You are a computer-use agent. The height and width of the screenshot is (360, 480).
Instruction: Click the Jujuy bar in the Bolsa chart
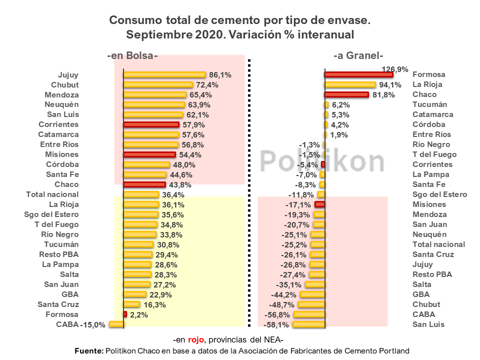click(164, 74)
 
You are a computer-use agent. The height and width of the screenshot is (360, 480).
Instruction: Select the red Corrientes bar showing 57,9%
click(151, 124)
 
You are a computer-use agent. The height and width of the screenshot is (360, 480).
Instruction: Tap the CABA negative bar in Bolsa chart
click(116, 324)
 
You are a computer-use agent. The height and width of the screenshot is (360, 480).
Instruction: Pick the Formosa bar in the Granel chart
click(358, 74)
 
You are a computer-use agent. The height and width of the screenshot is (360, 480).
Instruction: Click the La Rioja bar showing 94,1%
click(350, 84)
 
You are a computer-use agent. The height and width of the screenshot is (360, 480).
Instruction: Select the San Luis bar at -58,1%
click(308, 324)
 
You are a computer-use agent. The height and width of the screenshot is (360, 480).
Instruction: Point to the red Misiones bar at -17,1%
click(320, 204)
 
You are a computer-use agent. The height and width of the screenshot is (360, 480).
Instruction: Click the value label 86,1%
click(220, 75)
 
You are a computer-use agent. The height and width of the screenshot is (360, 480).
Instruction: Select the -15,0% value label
click(93, 325)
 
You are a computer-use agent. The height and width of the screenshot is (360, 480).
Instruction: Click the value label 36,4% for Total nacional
click(172, 194)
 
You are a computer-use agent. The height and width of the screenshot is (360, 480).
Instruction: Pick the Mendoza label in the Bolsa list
click(61, 94)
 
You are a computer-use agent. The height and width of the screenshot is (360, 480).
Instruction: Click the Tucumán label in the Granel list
click(429, 104)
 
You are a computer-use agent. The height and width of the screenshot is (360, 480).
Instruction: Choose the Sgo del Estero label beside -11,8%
click(439, 194)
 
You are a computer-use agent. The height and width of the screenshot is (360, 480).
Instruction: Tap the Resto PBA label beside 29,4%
click(59, 254)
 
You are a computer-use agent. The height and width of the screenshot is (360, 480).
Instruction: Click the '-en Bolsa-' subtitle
click(132, 56)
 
